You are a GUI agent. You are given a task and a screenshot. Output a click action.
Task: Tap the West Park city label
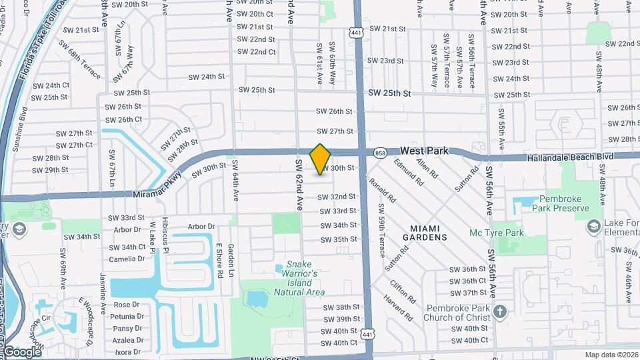[424, 151]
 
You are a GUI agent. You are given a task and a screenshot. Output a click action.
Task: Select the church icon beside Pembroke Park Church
[501, 311]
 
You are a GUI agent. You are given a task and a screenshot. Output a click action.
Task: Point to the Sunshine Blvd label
[23, 127]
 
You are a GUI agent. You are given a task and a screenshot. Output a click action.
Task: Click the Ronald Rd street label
[382, 190]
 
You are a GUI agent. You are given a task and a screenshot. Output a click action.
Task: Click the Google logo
[22, 351]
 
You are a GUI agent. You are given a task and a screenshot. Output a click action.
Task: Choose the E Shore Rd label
[219, 260]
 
